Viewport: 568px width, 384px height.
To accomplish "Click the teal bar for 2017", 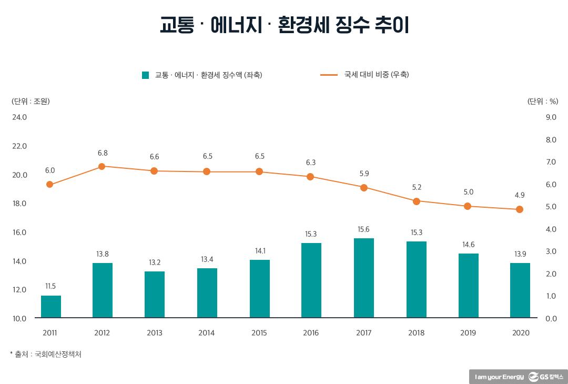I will pyautogui.click(x=363, y=278).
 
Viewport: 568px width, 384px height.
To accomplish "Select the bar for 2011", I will pyautogui.click(x=50, y=307).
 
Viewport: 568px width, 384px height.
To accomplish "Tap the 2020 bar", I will pyautogui.click(x=520, y=290).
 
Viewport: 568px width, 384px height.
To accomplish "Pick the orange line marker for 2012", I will pyautogui.click(x=102, y=166).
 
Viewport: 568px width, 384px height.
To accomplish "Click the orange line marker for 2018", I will pyautogui.click(x=416, y=201).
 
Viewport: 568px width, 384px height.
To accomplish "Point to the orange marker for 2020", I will pyautogui.click(x=520, y=209).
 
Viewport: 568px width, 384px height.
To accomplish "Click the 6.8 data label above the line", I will pyautogui.click(x=102, y=153).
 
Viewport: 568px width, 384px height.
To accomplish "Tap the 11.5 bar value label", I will pyautogui.click(x=50, y=286).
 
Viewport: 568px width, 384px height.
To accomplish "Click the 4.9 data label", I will pyautogui.click(x=520, y=195).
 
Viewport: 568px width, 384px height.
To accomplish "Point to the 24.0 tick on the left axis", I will pyautogui.click(x=19, y=117).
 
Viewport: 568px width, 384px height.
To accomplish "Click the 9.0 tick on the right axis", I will pyautogui.click(x=551, y=117).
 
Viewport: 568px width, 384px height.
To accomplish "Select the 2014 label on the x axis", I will pyautogui.click(x=207, y=333).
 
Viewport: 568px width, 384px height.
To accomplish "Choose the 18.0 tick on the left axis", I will pyautogui.click(x=19, y=204).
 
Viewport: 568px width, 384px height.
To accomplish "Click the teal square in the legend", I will pyautogui.click(x=146, y=75).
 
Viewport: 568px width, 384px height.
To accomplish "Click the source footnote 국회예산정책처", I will pyautogui.click(x=58, y=355).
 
